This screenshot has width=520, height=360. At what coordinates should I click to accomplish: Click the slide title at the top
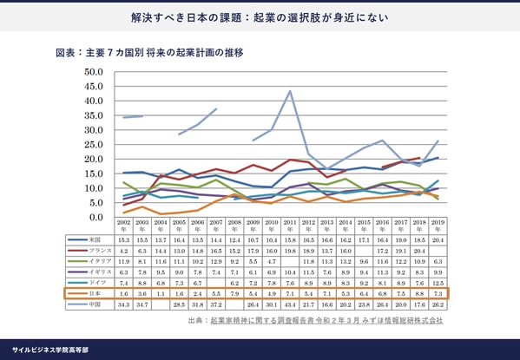[x=260, y=17]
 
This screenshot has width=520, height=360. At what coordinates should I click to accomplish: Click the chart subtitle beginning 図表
[x=149, y=53]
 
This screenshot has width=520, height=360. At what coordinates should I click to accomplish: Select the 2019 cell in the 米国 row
[x=438, y=239]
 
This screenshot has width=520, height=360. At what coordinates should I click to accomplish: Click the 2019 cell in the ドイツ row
[x=438, y=283]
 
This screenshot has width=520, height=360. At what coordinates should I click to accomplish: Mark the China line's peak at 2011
[x=290, y=91]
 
